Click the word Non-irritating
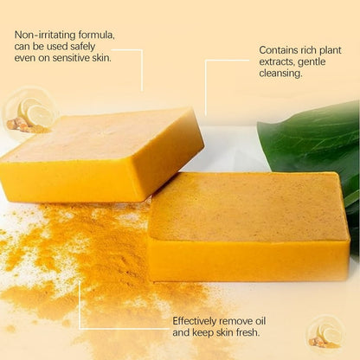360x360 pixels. point(45,35)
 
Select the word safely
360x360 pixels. point(82,47)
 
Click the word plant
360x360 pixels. point(331,51)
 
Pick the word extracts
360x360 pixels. point(277,62)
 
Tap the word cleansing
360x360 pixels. point(280,74)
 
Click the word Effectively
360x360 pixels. point(194,321)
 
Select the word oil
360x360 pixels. point(260,321)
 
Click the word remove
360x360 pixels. point(235,321)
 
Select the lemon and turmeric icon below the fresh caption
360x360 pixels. point(325,335)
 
